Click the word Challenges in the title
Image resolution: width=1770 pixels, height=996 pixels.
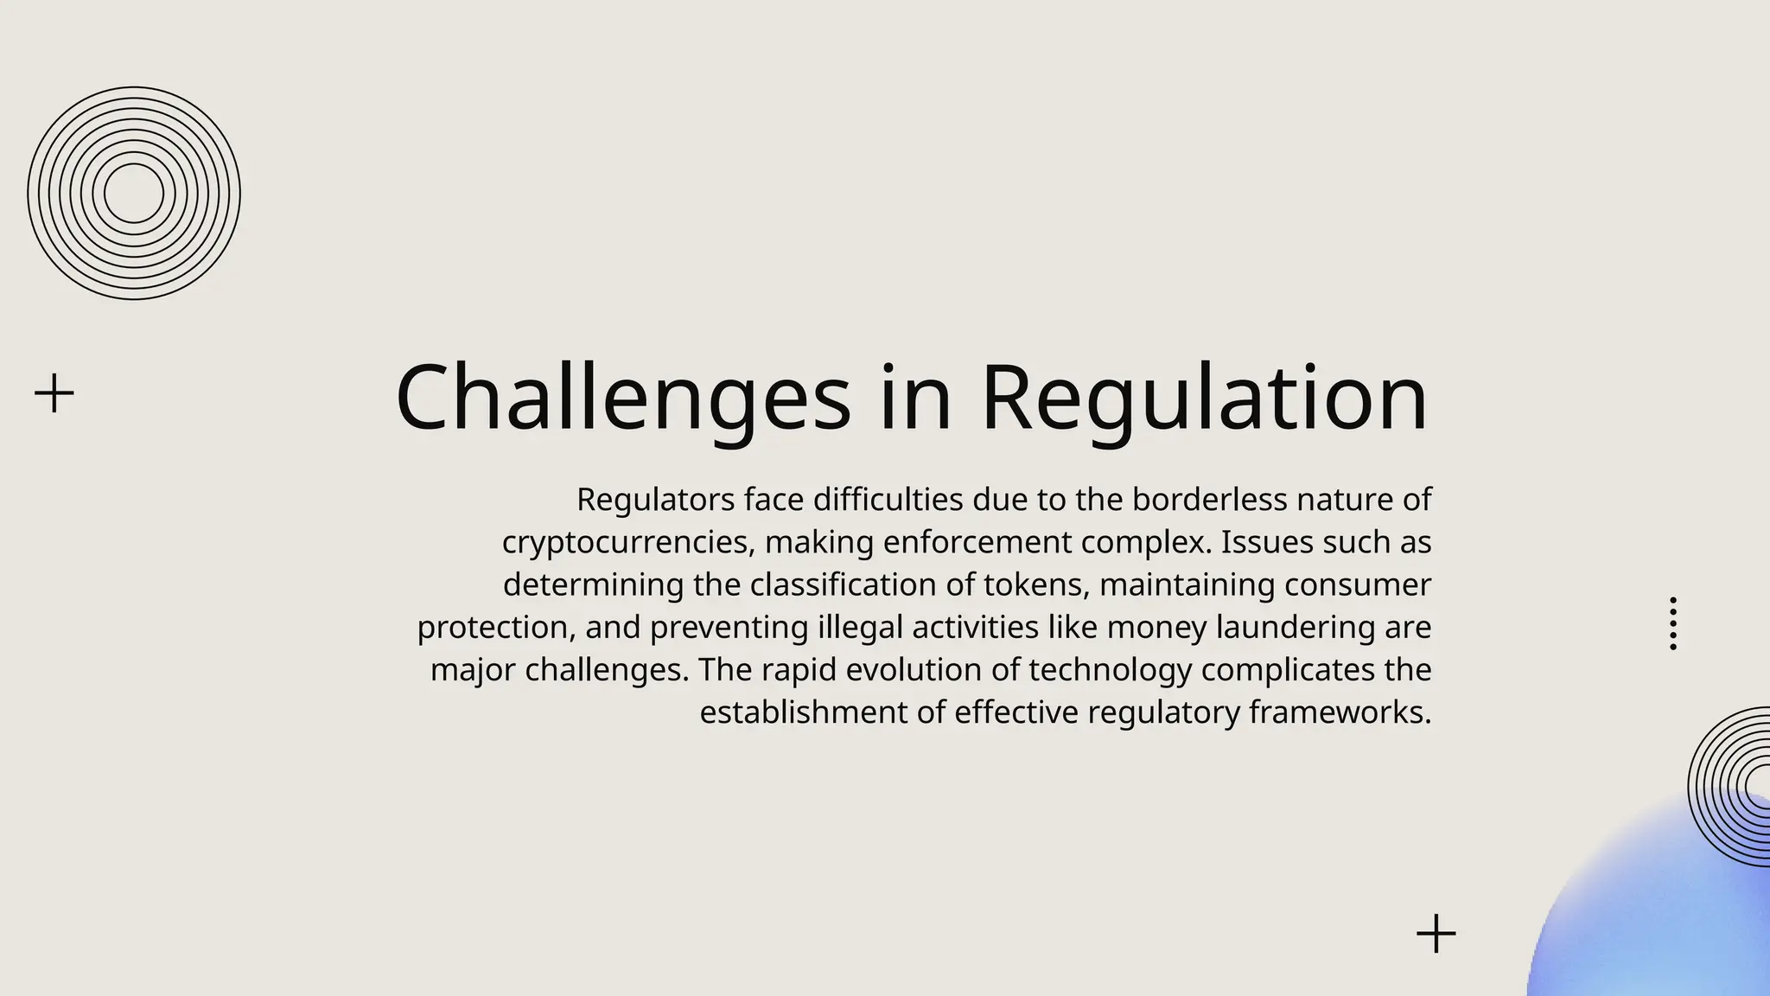622,398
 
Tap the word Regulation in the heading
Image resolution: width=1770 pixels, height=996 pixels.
1204,398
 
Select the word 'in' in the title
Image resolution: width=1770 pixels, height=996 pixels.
915,398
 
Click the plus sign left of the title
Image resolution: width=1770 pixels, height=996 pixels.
54,393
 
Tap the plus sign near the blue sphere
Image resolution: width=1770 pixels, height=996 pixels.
1436,934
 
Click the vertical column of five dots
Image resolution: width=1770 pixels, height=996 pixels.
1673,623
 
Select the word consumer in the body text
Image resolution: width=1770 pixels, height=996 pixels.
1358,585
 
